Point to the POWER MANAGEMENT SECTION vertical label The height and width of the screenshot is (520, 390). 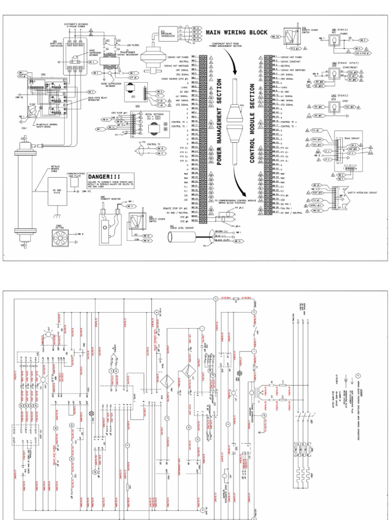tap(219, 122)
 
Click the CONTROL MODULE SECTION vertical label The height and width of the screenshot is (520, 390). tap(252, 124)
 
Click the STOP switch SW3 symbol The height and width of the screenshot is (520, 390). tap(334, 107)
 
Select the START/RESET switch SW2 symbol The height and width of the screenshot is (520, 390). tap(334, 74)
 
